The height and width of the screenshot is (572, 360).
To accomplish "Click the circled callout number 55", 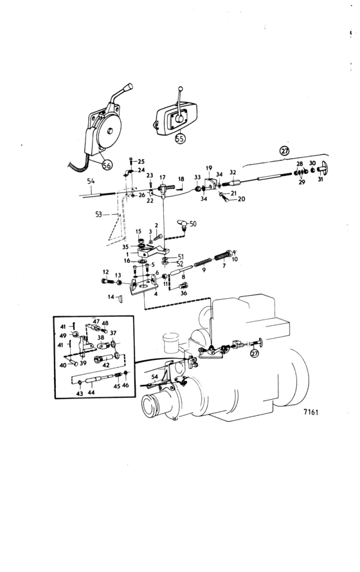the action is click(180, 138).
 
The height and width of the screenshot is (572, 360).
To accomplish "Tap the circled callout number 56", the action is click(107, 165).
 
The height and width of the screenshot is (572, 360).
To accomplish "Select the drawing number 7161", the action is click(310, 412).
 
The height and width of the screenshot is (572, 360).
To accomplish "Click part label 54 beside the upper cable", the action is click(91, 181).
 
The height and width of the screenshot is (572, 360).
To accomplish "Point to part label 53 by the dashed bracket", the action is click(98, 215).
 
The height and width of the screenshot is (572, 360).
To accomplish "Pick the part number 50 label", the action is click(193, 224).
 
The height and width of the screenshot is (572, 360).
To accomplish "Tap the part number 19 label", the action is click(209, 168).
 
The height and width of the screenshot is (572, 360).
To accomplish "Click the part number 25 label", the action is click(141, 161).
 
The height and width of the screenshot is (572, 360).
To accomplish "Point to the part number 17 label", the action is click(162, 177).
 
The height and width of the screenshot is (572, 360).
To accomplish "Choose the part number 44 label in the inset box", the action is click(91, 393).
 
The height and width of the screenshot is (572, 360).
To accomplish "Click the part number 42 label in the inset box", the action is click(106, 365).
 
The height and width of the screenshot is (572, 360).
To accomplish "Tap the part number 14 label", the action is click(111, 297).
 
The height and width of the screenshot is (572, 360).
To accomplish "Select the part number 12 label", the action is click(106, 272).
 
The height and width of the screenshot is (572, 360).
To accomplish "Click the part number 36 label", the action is click(183, 293).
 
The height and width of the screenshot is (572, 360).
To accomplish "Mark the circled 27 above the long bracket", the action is click(284, 150).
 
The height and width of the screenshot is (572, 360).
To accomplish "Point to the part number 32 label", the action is click(233, 172).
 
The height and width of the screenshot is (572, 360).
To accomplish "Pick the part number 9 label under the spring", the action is click(204, 270).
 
